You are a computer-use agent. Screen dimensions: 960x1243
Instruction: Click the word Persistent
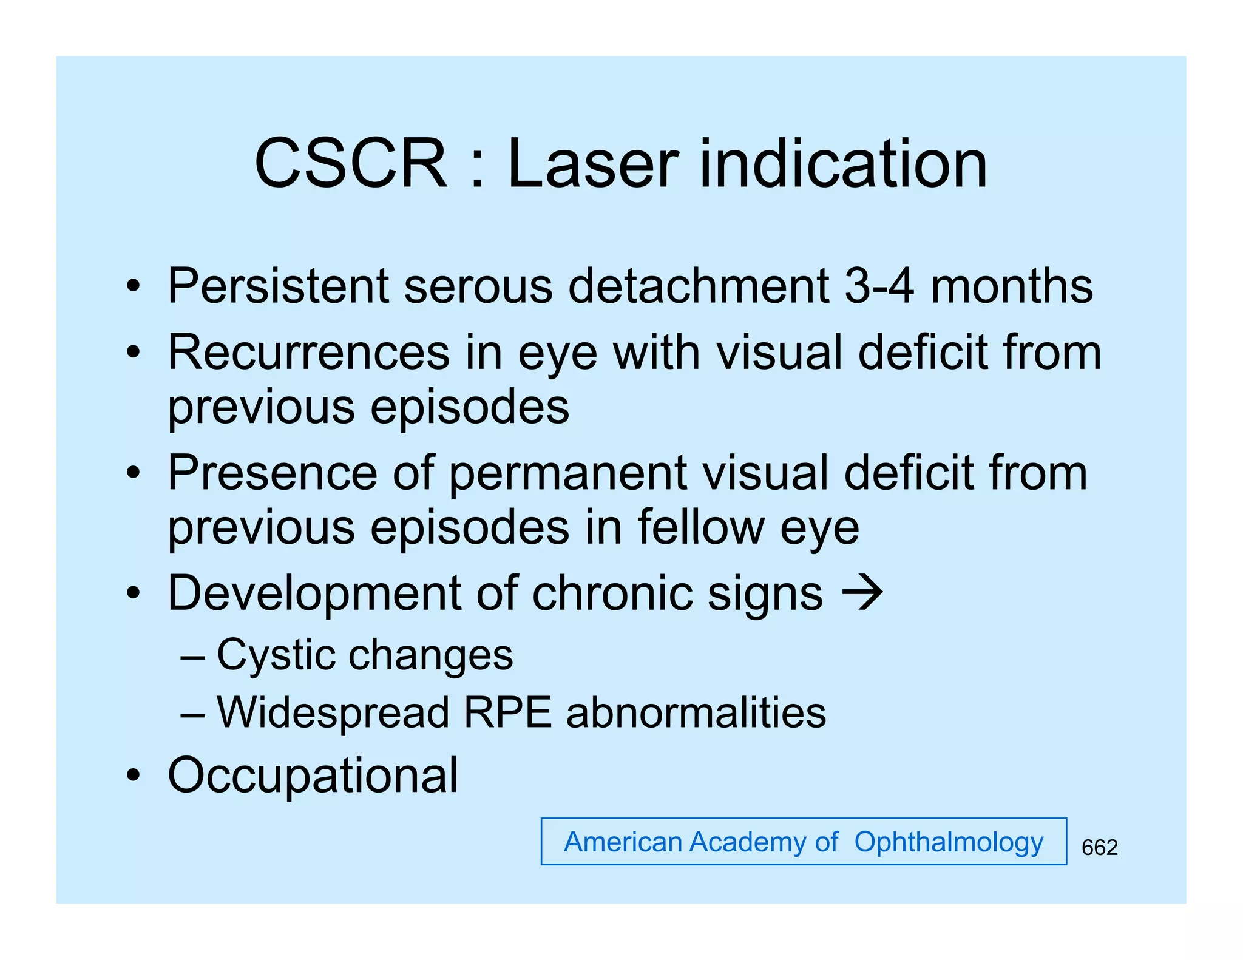[x=277, y=286]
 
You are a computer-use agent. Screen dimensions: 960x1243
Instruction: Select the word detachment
[x=698, y=286]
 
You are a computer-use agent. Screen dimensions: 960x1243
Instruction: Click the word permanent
[x=567, y=473]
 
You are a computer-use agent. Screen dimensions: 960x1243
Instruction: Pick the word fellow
[x=700, y=527]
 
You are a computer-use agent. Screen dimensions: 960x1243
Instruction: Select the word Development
[x=313, y=593]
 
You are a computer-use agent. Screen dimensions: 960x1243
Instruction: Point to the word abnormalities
[x=696, y=712]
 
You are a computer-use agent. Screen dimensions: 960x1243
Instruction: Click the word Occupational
[x=313, y=775]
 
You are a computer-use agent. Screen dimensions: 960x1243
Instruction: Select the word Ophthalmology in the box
[x=948, y=842]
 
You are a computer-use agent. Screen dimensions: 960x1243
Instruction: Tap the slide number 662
[x=1099, y=847]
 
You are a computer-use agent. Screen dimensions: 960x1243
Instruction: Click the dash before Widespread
[x=192, y=715]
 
